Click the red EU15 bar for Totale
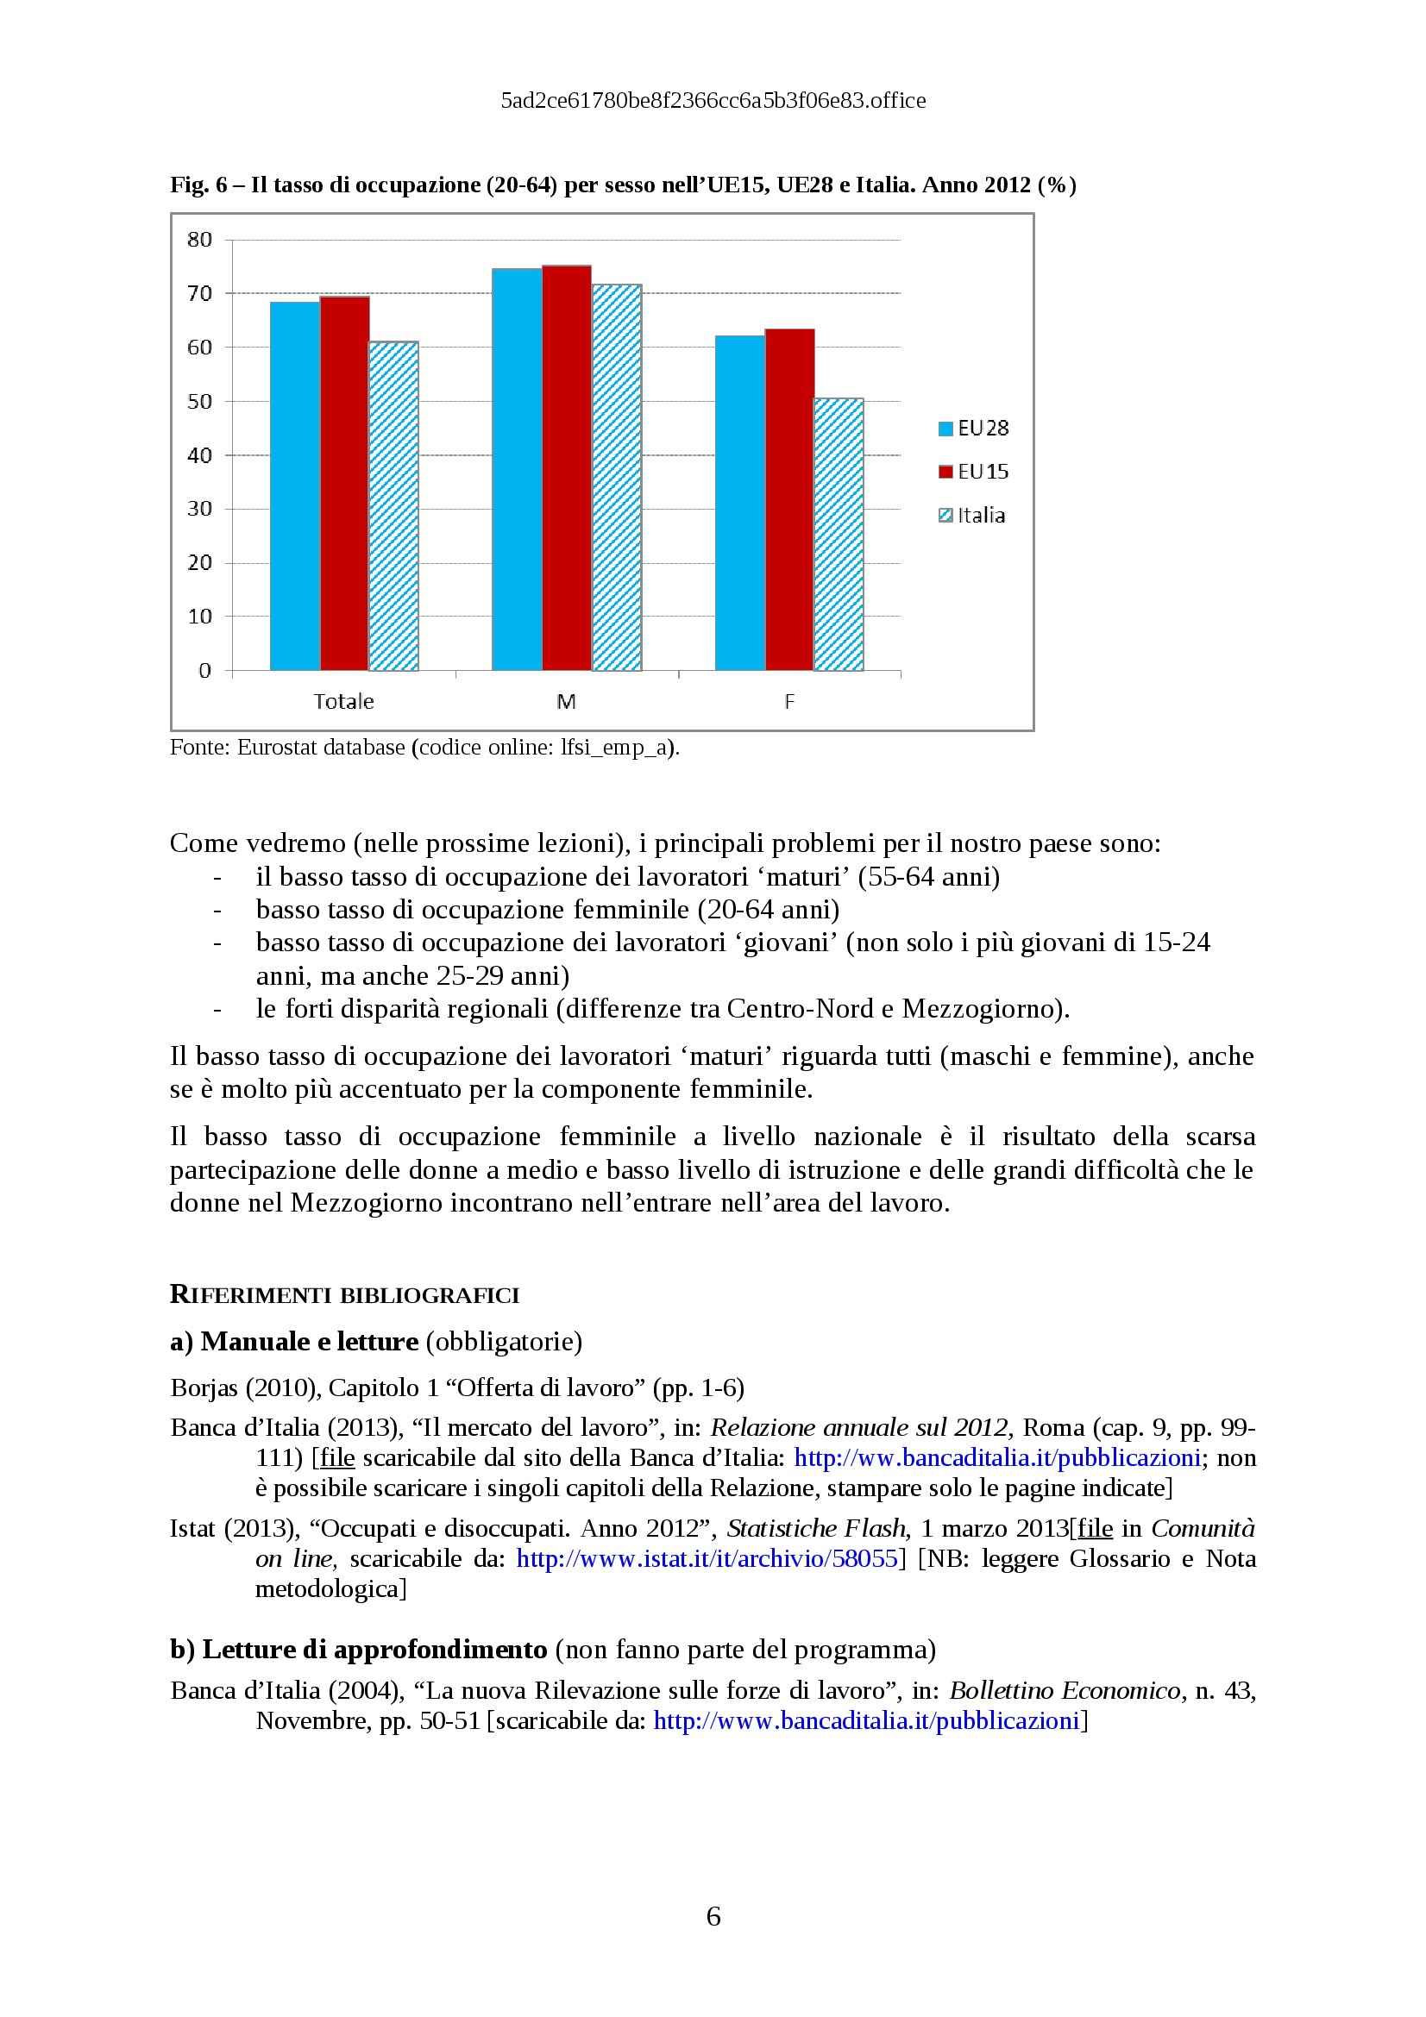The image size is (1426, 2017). (x=344, y=483)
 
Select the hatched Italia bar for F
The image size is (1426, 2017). (x=839, y=534)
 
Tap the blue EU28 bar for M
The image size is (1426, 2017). (x=517, y=469)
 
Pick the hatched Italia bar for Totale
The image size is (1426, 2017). (x=393, y=506)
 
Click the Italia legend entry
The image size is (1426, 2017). (x=971, y=516)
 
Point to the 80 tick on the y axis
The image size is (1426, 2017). (x=199, y=240)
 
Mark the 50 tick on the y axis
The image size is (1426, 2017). (x=199, y=402)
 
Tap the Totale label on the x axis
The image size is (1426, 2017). (x=343, y=702)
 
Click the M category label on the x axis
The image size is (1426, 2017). (x=566, y=702)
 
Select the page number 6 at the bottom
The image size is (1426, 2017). (x=713, y=1916)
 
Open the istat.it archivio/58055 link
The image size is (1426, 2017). (x=707, y=1558)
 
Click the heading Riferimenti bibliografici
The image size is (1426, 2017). (x=344, y=1295)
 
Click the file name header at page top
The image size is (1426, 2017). (x=713, y=101)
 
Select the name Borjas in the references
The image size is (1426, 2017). (x=204, y=1388)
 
